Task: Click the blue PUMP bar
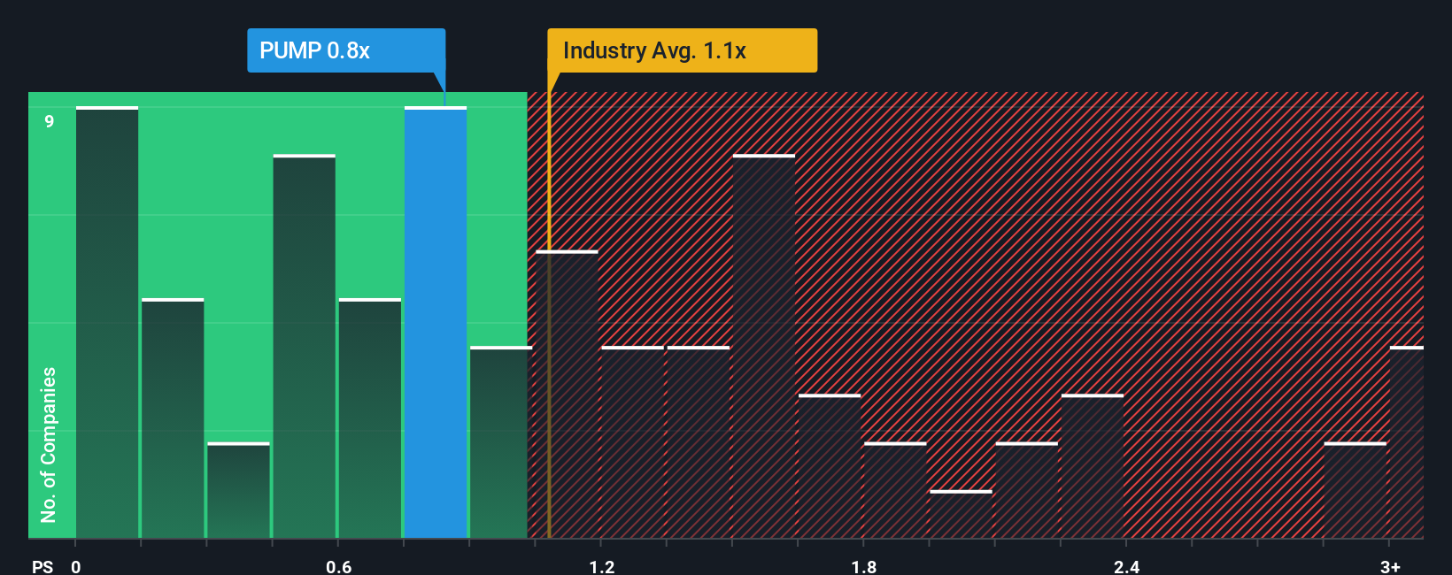click(436, 323)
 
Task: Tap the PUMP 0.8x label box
click(346, 50)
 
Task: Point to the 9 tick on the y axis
click(50, 121)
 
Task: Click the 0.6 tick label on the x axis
click(338, 566)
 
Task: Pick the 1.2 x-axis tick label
click(602, 566)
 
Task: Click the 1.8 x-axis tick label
click(864, 566)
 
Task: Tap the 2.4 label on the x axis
click(1126, 566)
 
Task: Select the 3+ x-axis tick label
click(1390, 566)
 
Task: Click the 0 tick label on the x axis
click(76, 566)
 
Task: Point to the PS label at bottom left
click(42, 566)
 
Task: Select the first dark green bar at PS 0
click(107, 323)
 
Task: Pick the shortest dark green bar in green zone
click(238, 491)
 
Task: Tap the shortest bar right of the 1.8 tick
click(961, 515)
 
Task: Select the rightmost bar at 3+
click(1406, 442)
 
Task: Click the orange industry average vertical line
click(549, 354)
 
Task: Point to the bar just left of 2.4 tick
click(1093, 467)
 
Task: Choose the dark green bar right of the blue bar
click(500, 442)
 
